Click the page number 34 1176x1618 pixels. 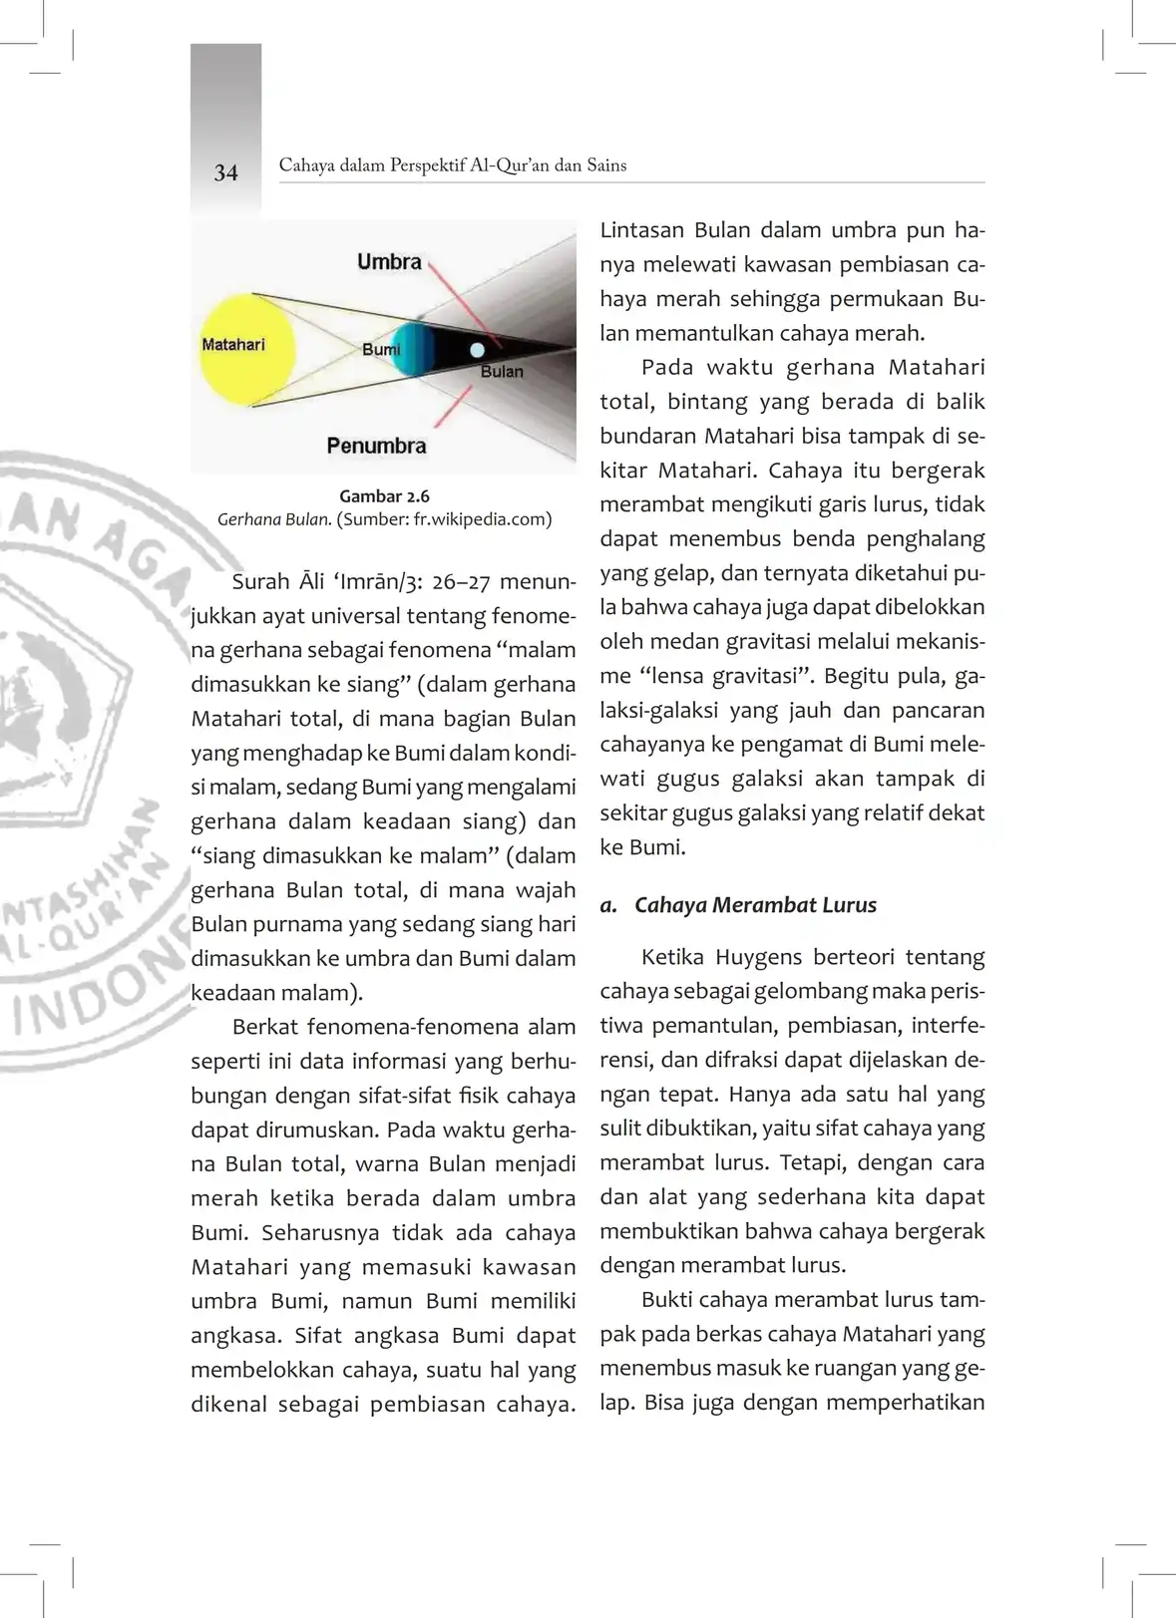(x=225, y=172)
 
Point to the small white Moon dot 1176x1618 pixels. (x=478, y=350)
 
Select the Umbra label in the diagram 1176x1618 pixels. (x=389, y=262)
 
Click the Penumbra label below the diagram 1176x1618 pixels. (x=376, y=446)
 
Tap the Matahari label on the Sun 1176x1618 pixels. (x=233, y=345)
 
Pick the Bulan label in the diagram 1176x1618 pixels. (x=502, y=372)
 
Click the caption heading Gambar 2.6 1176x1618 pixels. (x=384, y=495)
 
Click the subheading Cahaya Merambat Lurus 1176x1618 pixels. (x=755, y=905)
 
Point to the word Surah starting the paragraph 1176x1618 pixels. (x=260, y=581)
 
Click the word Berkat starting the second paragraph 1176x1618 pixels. (x=265, y=1027)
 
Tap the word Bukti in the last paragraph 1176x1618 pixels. (x=665, y=1300)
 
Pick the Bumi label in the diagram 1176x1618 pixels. (x=381, y=350)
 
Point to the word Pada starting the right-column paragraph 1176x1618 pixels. (x=666, y=367)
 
